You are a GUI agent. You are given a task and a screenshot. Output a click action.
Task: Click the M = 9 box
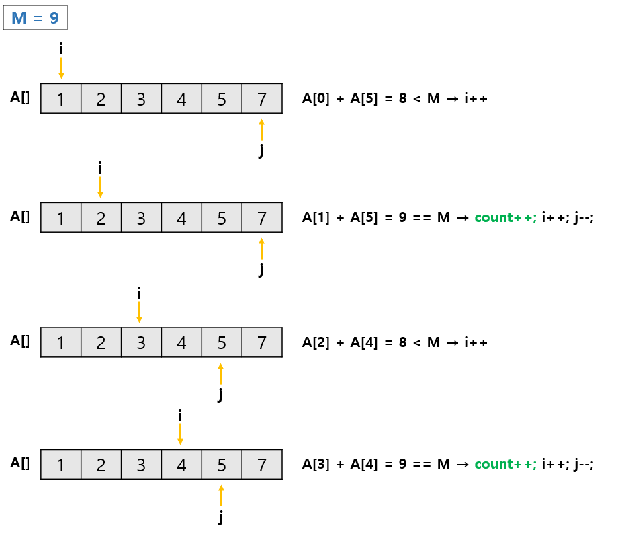36,18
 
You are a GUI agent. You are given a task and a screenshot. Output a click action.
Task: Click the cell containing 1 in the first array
61,99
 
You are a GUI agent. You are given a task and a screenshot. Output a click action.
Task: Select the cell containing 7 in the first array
262,99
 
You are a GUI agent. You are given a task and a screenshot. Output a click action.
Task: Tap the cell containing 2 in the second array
101,218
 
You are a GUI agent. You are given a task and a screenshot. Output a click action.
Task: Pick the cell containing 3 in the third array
141,343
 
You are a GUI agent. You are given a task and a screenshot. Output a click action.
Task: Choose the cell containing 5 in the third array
222,343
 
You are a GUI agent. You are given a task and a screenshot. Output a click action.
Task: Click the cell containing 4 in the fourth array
181,465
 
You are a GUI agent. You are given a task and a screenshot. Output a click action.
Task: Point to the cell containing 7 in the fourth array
262,465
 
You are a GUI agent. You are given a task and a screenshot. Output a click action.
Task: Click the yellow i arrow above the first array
61,68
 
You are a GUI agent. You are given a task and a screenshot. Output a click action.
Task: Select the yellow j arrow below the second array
261,249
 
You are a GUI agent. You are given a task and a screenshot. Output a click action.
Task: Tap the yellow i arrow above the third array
139,312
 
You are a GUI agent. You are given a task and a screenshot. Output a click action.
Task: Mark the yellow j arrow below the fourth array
221,496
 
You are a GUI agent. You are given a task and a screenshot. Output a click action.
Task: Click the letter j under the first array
261,151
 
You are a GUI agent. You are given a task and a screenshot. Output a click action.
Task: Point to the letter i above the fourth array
180,416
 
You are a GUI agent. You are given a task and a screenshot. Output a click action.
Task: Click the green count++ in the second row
505,218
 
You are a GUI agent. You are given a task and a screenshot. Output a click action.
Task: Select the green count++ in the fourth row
505,464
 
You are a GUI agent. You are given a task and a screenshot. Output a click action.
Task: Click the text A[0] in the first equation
316,99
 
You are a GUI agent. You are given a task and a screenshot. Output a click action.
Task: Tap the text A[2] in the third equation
316,342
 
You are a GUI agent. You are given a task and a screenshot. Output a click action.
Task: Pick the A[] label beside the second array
20,216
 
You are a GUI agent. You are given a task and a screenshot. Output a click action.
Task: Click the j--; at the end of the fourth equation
584,464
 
